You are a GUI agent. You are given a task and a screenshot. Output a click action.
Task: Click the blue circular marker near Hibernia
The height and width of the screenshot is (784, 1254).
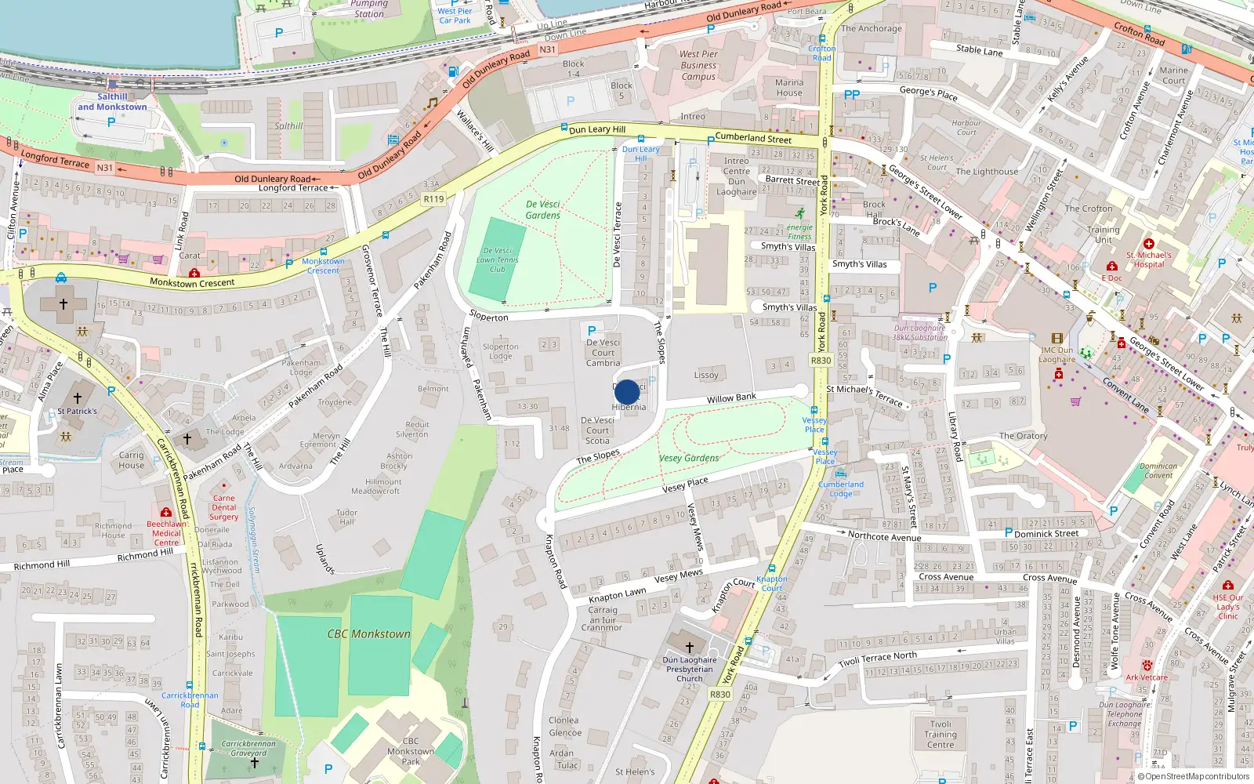(627, 392)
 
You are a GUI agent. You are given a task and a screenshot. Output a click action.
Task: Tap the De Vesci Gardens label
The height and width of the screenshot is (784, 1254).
(543, 209)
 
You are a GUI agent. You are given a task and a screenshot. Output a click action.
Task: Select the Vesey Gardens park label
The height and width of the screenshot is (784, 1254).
(689, 458)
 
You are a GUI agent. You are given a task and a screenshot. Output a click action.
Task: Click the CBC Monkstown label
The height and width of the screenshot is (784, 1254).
(368, 633)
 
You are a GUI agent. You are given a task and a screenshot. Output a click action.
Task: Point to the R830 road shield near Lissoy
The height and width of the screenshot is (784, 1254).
(821, 361)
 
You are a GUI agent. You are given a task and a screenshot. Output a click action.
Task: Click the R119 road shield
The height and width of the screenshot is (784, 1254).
(433, 199)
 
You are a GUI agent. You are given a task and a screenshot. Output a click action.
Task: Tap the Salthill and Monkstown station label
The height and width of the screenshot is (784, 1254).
(112, 102)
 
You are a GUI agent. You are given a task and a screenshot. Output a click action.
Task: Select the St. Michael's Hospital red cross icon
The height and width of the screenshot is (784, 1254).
(1149, 244)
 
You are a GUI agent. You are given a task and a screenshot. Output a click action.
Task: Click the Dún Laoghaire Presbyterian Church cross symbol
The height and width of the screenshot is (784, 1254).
(690, 647)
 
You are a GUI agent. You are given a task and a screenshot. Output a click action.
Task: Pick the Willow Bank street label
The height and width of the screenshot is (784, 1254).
(731, 398)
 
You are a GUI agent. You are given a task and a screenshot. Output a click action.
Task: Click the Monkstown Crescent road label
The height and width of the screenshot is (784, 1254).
(192, 283)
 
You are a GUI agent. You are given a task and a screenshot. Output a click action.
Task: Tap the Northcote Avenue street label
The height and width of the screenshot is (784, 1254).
(884, 536)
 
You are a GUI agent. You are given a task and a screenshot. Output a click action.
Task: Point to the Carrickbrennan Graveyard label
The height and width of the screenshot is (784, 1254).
(248, 748)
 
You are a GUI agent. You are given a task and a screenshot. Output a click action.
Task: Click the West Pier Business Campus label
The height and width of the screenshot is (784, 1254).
(698, 66)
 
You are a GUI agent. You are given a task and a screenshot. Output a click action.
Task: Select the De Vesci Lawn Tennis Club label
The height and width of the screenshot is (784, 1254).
(497, 260)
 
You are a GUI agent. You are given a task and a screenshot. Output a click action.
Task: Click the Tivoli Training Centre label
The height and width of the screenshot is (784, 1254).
(940, 735)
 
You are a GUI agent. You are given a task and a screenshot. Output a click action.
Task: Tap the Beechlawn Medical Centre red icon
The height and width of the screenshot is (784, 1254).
(166, 513)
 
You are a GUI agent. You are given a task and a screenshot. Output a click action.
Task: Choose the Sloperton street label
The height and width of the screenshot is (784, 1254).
(489, 317)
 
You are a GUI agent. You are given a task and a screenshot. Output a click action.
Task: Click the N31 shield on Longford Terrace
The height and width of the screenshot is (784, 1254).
(104, 168)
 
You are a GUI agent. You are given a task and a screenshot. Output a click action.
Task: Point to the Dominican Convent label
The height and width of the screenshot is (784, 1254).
(1158, 470)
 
